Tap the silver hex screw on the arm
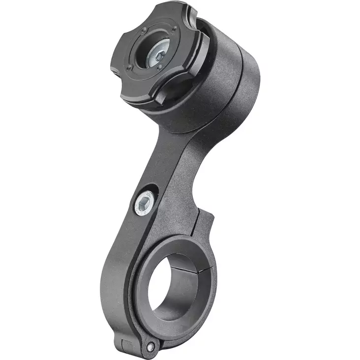click(x=144, y=201)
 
